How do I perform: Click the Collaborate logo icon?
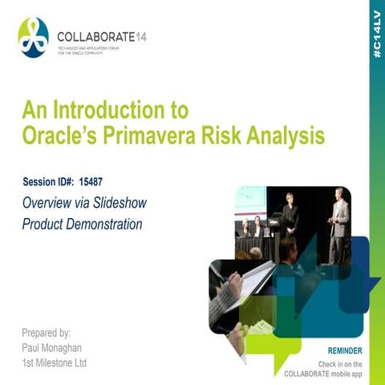point(33,38)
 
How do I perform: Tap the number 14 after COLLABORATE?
point(141,36)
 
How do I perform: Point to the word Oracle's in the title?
point(56,136)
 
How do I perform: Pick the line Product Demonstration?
point(82,225)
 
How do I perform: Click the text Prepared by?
point(47,331)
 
